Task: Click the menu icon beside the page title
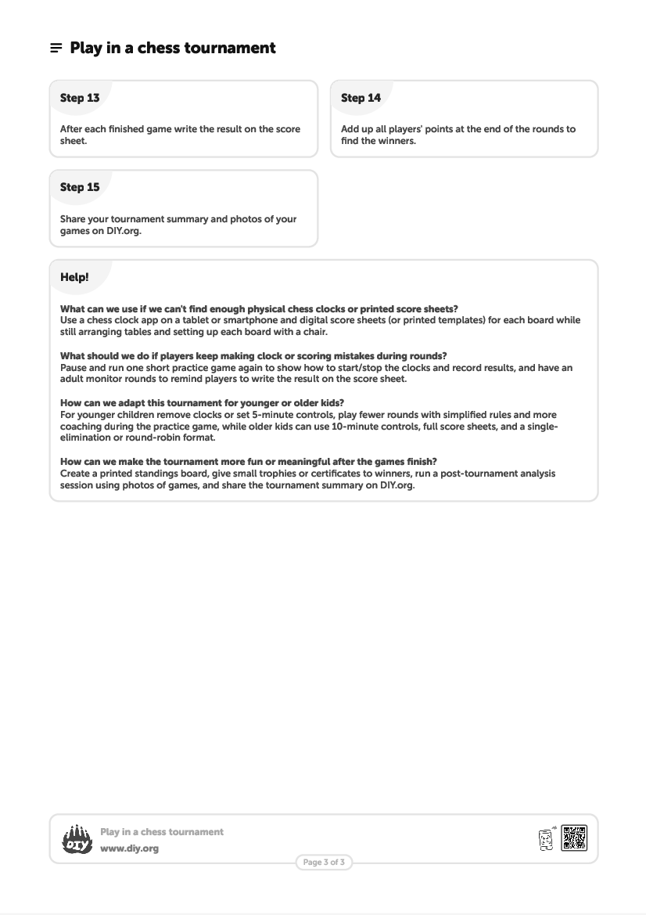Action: [x=56, y=49]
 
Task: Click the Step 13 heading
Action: [x=80, y=98]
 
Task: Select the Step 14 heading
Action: [x=361, y=98]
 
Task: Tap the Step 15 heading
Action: [x=80, y=188]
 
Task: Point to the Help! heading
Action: [x=74, y=277]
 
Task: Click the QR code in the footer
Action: [x=574, y=838]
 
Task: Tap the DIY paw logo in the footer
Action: [x=77, y=840]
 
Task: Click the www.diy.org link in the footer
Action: [x=129, y=848]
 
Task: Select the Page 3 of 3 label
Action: [x=324, y=863]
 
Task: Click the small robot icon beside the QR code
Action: [x=546, y=839]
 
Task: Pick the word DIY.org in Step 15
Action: [x=124, y=231]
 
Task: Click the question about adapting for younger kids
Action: [x=202, y=403]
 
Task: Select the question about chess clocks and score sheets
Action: [x=259, y=309]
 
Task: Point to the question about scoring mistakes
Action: [x=253, y=356]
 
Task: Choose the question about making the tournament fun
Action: [x=259, y=462]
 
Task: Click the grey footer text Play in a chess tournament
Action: [x=162, y=832]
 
